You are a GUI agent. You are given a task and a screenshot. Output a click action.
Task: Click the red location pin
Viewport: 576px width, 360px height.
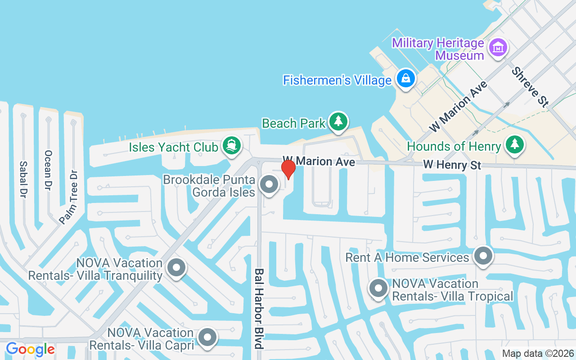[288, 169]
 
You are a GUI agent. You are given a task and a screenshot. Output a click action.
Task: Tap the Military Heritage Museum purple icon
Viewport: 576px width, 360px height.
[498, 46]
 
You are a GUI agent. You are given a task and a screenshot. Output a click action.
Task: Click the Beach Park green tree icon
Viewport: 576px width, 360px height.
[338, 121]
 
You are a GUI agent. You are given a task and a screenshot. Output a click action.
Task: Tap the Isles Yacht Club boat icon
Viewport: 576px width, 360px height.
[232, 145]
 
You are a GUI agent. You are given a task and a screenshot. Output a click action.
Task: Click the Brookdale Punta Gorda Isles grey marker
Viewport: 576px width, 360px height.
[270, 184]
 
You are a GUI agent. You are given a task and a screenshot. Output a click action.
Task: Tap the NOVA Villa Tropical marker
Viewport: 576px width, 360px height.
[378, 288]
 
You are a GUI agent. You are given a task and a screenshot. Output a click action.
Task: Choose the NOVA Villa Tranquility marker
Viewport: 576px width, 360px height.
[176, 267]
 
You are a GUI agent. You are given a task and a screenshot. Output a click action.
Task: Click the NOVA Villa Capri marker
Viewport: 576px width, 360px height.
[207, 337]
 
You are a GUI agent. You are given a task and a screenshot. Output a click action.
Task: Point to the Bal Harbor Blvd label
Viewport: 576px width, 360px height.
[259, 309]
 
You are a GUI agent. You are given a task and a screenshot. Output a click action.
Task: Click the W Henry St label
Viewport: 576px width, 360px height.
[452, 165]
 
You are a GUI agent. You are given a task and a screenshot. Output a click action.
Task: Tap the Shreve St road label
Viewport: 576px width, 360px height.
[530, 87]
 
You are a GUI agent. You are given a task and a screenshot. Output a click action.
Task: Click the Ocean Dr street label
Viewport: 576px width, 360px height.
[48, 170]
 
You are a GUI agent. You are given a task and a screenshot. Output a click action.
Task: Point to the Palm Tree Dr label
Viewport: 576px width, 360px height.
[69, 197]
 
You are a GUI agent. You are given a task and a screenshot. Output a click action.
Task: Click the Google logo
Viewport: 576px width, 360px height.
[30, 349]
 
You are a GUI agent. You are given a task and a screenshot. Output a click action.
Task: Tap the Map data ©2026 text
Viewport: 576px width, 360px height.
[538, 354]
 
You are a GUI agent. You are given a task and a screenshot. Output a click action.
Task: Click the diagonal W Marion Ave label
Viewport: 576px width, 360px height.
[459, 107]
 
